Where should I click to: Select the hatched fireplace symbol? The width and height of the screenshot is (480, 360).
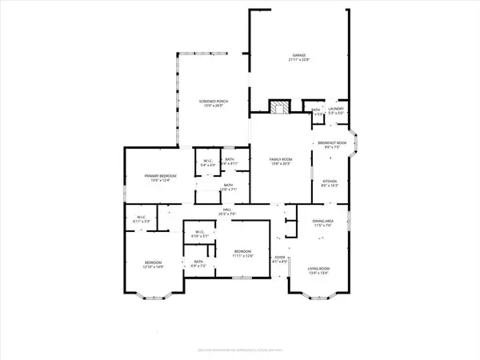(x=278, y=109)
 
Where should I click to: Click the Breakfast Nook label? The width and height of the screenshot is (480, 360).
(x=330, y=144)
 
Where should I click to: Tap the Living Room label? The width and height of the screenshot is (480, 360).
(x=319, y=270)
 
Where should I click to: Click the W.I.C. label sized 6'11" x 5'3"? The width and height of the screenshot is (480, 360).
(x=141, y=218)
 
